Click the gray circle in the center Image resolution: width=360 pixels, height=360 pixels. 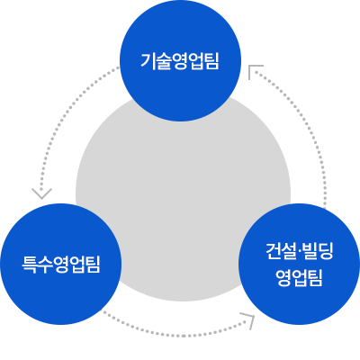[x=183, y=198]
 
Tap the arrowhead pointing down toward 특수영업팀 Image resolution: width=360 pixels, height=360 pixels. [x=41, y=193]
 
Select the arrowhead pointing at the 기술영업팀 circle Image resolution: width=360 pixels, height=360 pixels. [x=254, y=69]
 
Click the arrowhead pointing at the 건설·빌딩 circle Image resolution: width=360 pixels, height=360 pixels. [x=249, y=319]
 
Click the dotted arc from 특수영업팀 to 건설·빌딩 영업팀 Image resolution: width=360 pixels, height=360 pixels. [x=177, y=335]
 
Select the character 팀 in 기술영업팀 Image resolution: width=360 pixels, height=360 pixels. [x=211, y=61]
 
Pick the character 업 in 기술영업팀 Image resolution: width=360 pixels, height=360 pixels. [x=196, y=61]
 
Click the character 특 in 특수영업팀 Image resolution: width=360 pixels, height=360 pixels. [x=30, y=265]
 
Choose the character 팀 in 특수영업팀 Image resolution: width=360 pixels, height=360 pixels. [x=93, y=265]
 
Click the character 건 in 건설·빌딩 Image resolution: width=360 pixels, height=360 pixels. [x=274, y=251]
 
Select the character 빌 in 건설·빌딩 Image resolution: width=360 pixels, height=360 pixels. [x=310, y=251]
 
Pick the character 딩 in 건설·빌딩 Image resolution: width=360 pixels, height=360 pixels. [x=326, y=251]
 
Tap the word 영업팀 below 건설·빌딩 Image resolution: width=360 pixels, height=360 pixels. [x=300, y=278]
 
